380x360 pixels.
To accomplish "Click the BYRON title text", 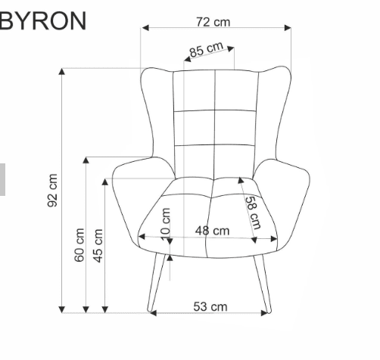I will click(x=42, y=20).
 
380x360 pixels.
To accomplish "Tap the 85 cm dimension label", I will click(x=207, y=51).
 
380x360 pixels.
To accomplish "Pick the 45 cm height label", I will click(x=97, y=245).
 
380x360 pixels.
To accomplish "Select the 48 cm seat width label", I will click(x=212, y=230).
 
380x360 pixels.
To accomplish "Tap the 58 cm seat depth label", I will click(x=253, y=213).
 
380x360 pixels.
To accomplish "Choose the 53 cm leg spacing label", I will click(x=210, y=306).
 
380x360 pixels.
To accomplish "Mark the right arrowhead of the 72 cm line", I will click(x=288, y=28).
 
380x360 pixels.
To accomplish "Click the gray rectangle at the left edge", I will click(x=2, y=179).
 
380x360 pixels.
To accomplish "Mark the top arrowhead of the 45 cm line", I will click(x=104, y=182).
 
